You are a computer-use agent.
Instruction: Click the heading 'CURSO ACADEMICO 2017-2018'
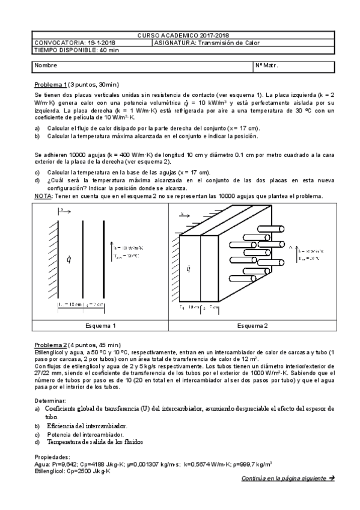tap(187, 35)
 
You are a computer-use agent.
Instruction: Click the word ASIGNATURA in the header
tap(173, 43)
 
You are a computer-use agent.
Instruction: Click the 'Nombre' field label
tap(46, 65)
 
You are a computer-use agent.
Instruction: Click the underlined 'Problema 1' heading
tap(50, 85)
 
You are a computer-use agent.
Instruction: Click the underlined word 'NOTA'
tap(43, 195)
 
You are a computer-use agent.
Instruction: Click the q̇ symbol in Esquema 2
tap(188, 268)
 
